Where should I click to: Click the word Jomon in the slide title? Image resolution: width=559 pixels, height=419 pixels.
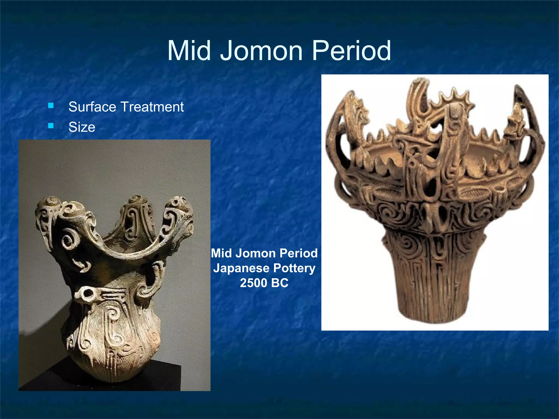coord(261,51)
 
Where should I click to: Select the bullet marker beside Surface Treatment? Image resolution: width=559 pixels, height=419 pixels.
coord(51,106)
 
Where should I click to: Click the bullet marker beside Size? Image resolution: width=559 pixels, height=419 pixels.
coord(51,125)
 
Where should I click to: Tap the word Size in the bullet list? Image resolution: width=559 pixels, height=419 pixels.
coord(82,127)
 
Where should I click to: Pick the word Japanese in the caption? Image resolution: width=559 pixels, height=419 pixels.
coord(241,268)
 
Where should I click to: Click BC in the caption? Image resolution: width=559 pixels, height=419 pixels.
coord(280,283)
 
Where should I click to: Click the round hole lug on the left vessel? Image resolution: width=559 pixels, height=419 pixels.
coord(88,294)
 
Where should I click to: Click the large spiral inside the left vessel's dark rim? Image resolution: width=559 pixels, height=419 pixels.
coord(68,240)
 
